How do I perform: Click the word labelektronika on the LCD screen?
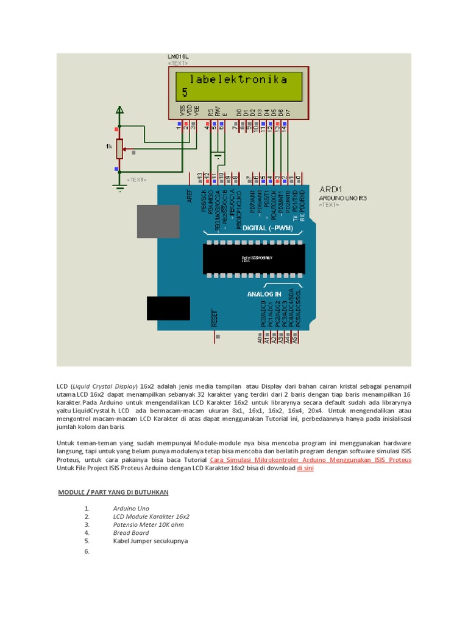(238, 80)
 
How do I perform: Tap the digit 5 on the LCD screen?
(185, 92)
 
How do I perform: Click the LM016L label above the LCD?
(179, 57)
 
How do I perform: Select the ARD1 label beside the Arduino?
(330, 189)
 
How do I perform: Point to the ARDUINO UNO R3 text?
(343, 198)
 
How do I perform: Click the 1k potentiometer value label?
(108, 147)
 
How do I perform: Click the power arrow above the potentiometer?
(120, 110)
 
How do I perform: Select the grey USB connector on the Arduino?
(158, 221)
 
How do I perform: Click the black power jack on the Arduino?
(168, 308)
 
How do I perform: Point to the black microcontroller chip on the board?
(253, 258)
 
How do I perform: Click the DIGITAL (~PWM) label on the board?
(268, 228)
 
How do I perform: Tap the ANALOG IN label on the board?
(264, 294)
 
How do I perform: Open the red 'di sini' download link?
(305, 468)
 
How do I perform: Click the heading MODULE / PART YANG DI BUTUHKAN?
(113, 492)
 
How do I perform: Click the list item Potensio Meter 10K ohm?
(148, 524)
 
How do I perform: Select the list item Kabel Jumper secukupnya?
(151, 540)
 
